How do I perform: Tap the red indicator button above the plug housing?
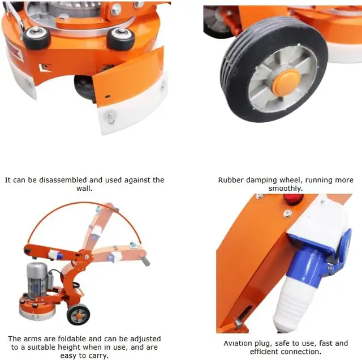point(293,199)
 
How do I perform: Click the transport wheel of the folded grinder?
point(78,314)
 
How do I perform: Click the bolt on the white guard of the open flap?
point(110,118)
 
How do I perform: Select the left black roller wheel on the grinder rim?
point(37,37)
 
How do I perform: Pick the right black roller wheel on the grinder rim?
point(122,39)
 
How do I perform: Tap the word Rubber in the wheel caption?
point(231,180)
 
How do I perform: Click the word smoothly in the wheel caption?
point(286,188)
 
